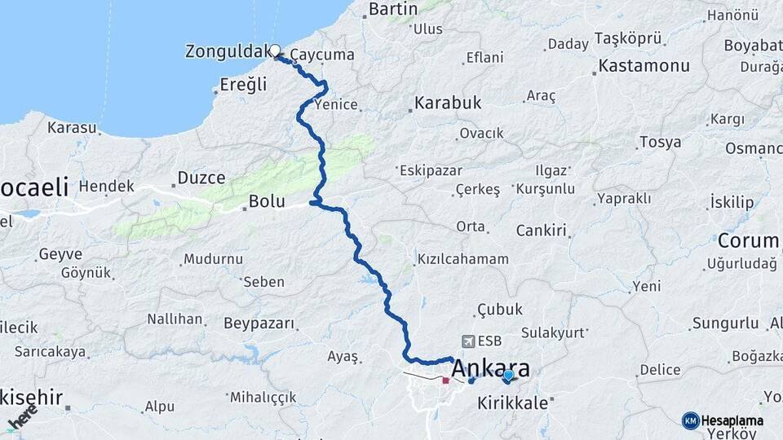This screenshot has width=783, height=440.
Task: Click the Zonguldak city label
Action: [227, 52]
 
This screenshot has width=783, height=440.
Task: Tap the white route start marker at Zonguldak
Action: [276, 50]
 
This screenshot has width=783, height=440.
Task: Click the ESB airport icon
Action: [468, 341]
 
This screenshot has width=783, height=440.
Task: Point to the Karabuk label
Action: [448, 103]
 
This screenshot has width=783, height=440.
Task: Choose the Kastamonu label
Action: [644, 65]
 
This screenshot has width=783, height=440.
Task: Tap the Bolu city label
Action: [267, 201]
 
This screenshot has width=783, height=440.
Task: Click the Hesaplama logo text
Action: [732, 420]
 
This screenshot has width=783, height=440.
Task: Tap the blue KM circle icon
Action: [690, 420]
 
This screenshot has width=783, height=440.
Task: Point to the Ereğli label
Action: [244, 84]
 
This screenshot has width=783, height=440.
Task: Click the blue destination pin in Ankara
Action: [508, 376]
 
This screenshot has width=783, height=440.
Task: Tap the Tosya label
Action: [660, 143]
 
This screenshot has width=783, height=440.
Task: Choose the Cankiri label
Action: [541, 231]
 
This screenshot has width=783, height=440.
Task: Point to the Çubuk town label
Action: [500, 309]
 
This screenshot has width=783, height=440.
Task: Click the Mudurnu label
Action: [214, 259]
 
